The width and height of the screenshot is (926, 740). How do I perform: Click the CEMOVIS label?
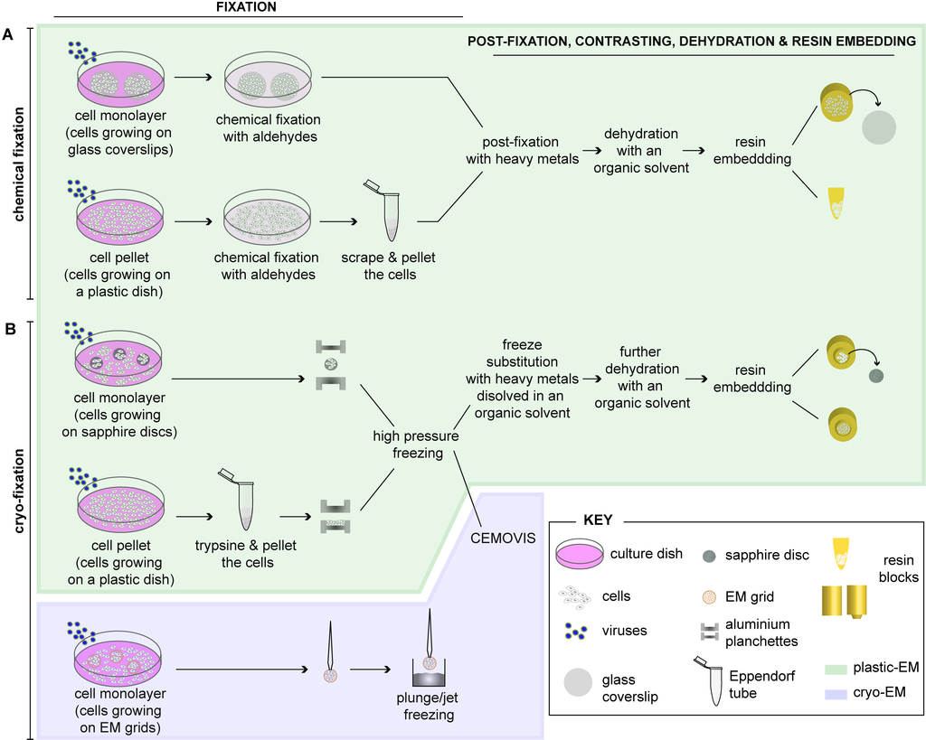(x=503, y=539)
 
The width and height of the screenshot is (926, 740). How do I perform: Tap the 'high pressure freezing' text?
(x=416, y=445)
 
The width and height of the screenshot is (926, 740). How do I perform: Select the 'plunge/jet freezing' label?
(x=428, y=707)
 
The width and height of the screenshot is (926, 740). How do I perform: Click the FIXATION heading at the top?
(x=246, y=7)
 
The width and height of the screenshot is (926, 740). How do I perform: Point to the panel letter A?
(x=7, y=35)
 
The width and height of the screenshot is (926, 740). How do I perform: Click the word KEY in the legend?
(x=598, y=520)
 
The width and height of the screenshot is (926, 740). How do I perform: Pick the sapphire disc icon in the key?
(x=709, y=556)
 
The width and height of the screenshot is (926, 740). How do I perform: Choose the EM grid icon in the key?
(x=709, y=596)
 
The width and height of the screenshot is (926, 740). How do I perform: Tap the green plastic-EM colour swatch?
(x=835, y=670)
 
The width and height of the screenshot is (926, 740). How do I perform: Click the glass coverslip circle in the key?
(x=578, y=683)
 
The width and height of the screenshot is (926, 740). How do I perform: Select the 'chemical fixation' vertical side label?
(x=19, y=164)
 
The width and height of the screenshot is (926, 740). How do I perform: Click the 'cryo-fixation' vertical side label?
(x=19, y=491)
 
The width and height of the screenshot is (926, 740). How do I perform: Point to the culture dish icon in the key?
(x=580, y=554)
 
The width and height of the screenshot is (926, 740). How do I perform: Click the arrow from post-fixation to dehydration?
(x=590, y=151)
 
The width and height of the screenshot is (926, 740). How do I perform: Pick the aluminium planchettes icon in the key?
(x=709, y=632)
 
